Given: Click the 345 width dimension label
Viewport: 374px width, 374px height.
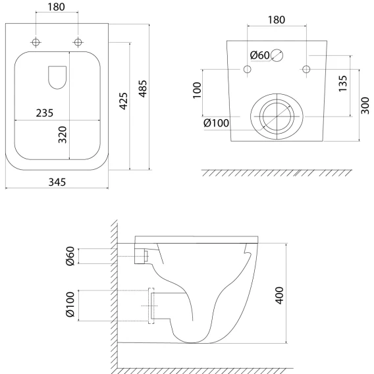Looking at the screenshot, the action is [57, 182].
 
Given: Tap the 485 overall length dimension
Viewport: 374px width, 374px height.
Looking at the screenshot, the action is [143, 89].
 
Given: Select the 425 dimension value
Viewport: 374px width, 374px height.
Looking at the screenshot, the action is [124, 101].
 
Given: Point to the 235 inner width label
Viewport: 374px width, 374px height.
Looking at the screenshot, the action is [45, 113].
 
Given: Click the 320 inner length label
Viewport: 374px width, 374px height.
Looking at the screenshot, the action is [63, 135].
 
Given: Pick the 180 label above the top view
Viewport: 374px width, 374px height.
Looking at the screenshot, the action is [56, 7].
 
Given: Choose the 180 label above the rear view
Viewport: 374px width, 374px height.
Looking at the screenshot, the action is [277, 20].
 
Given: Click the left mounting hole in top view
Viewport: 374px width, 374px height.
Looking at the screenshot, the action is [36, 42].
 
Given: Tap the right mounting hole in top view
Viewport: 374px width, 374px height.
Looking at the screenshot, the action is [78, 42].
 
